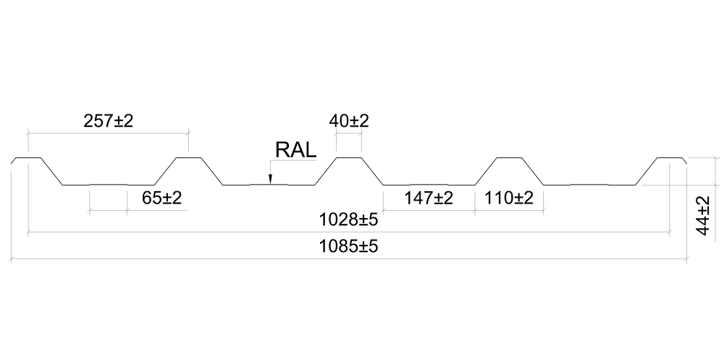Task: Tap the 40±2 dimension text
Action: (x=349, y=121)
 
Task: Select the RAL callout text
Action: (x=295, y=150)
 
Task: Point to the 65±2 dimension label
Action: (x=162, y=198)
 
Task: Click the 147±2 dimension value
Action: (x=428, y=198)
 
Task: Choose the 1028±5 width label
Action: (x=349, y=219)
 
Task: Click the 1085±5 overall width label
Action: (x=349, y=246)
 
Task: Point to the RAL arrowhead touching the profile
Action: (x=269, y=181)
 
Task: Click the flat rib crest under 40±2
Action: (x=349, y=156)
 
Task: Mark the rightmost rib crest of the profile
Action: (x=669, y=157)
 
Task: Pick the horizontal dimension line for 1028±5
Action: (x=217, y=233)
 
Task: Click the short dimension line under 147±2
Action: (x=428, y=211)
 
